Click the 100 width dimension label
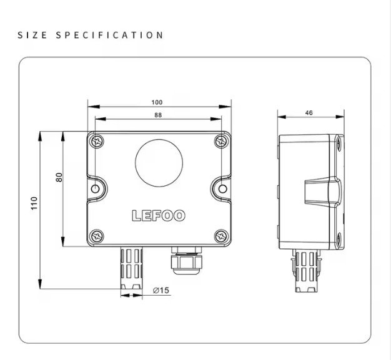pyautogui.click(x=157, y=102)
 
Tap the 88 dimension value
pyautogui.click(x=158, y=115)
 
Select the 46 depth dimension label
pyautogui.click(x=309, y=113)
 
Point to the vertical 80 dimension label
pyautogui.click(x=59, y=177)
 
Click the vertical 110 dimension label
pyautogui.click(x=34, y=203)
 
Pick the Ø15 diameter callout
pyautogui.click(x=161, y=290)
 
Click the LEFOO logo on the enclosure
pyautogui.click(x=159, y=216)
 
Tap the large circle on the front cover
pyautogui.click(x=159, y=163)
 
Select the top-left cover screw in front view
pyautogui.click(x=97, y=142)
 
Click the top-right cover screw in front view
pyautogui.click(x=221, y=142)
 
